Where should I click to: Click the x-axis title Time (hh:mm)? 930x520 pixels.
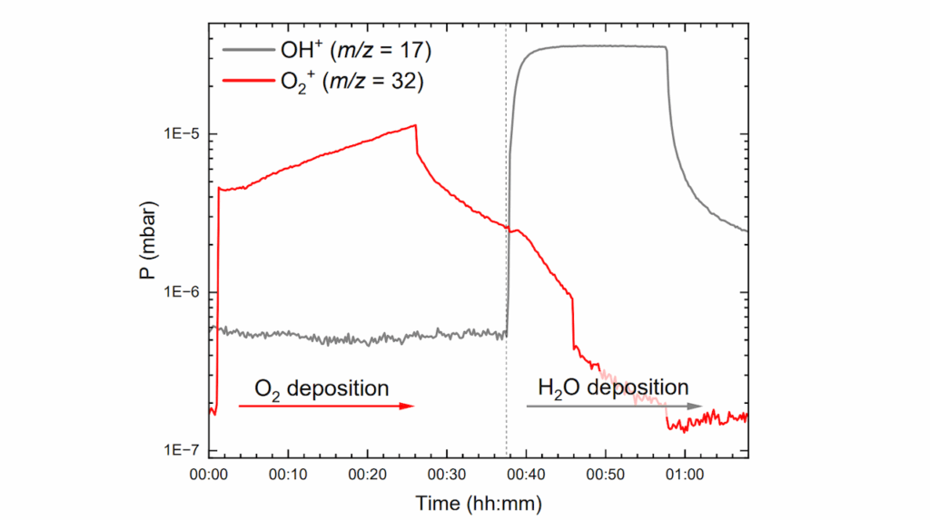[x=479, y=501]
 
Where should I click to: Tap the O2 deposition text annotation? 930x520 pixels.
[x=321, y=388]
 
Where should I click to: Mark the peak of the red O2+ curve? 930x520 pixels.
[x=415, y=125]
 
